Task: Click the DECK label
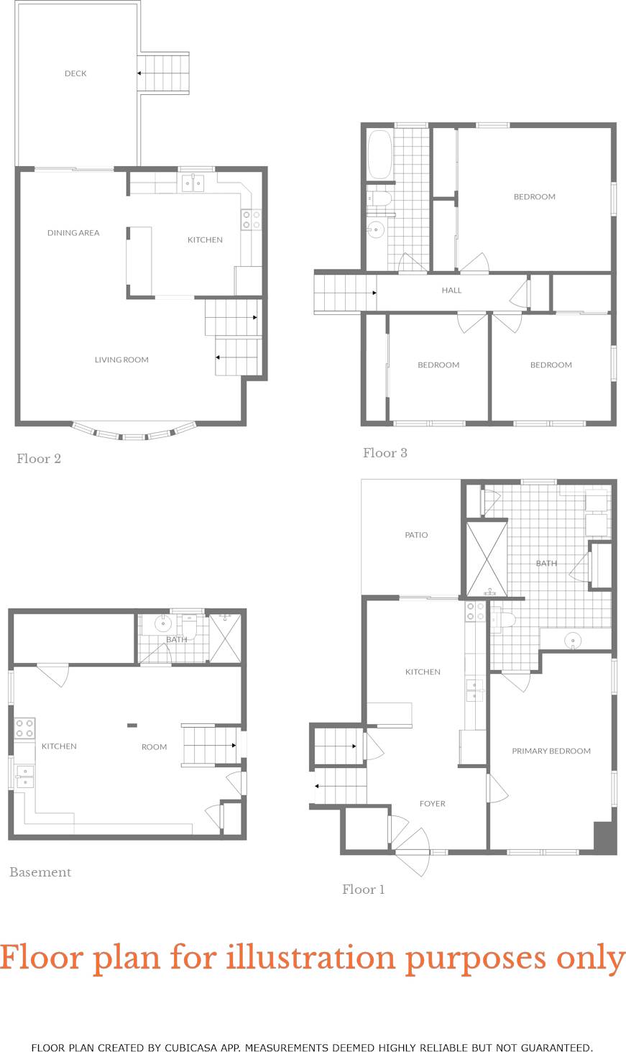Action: tap(75, 73)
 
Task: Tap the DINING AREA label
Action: tap(73, 233)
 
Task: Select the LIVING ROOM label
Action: tap(121, 360)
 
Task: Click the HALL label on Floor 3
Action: tap(451, 291)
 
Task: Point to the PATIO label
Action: tap(416, 535)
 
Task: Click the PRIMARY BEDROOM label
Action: tap(551, 751)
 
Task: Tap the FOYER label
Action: tap(433, 804)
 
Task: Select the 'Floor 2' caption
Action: tap(39, 459)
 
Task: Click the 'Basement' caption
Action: tap(40, 872)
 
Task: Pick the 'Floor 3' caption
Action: tap(385, 453)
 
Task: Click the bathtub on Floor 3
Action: tap(379, 154)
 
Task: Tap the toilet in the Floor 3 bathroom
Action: tap(379, 198)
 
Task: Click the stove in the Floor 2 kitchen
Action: tap(251, 219)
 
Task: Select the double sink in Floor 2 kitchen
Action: tap(192, 183)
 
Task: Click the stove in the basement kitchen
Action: tap(25, 728)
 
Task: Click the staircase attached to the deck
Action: tap(163, 73)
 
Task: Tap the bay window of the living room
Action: tap(134, 434)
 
